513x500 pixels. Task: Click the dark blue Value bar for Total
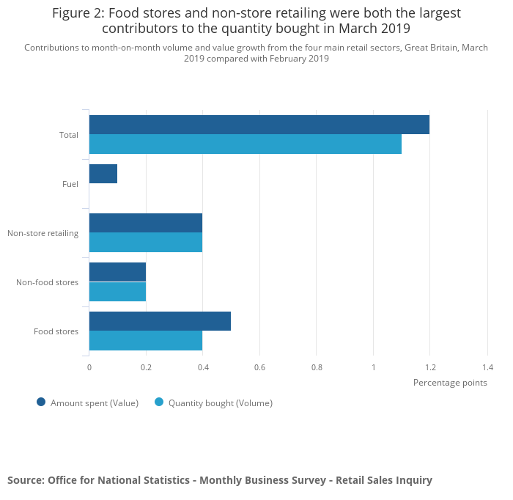coord(259,125)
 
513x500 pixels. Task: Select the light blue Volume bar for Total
coord(245,144)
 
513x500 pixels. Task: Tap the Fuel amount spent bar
coord(103,174)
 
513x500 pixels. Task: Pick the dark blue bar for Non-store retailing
coord(145,223)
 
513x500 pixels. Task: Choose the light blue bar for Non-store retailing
coord(145,243)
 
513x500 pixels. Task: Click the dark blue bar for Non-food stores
coord(117,272)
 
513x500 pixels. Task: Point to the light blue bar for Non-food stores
coord(117,292)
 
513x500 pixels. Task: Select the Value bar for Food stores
coord(160,321)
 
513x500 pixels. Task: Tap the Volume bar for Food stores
coord(145,341)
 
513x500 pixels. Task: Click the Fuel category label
coord(70,184)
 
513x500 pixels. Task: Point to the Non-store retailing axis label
coord(43,233)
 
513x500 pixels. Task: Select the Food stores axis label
coord(56,331)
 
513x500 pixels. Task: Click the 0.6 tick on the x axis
coord(259,367)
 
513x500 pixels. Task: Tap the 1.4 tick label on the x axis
coord(487,367)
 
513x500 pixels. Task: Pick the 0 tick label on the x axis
coord(89,367)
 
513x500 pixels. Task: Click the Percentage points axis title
coord(450,382)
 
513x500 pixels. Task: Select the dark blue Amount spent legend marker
coord(41,402)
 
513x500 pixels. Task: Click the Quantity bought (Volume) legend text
coord(220,402)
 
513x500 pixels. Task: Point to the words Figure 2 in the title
coord(78,13)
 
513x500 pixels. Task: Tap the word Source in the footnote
coord(25,480)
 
